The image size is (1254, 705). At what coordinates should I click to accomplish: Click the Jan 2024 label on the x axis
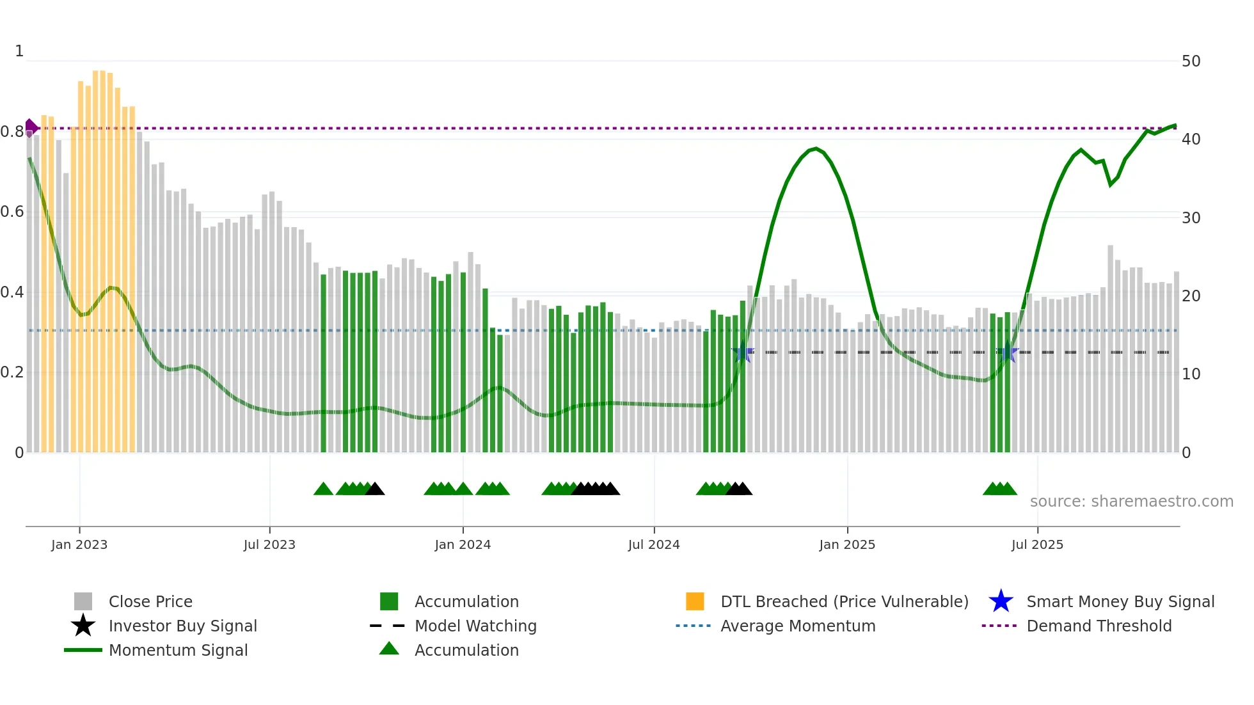463,545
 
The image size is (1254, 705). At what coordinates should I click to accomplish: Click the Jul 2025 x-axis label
1037,545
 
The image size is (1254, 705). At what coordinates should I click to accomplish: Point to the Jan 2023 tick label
79,545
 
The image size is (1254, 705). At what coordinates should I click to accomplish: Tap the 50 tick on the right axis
1191,61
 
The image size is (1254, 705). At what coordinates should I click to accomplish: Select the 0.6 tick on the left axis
12,212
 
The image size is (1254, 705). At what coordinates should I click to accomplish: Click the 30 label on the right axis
1191,218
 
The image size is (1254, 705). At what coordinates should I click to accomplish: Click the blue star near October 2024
743,352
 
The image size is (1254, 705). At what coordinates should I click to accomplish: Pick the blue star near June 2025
1007,352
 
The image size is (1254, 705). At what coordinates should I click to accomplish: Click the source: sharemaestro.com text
1131,502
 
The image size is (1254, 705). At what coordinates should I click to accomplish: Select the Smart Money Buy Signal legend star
1001,602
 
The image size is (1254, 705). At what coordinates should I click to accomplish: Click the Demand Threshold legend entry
1099,626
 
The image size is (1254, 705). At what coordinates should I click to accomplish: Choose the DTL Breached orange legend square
695,602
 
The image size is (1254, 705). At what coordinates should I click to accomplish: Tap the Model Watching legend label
475,626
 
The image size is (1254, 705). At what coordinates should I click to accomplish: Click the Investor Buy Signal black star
83,626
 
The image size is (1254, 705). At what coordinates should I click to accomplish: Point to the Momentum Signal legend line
83,651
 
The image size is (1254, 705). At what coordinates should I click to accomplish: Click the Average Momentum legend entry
797,626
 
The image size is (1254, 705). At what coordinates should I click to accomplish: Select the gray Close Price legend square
83,602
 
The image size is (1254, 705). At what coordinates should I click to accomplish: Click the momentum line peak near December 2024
815,149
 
